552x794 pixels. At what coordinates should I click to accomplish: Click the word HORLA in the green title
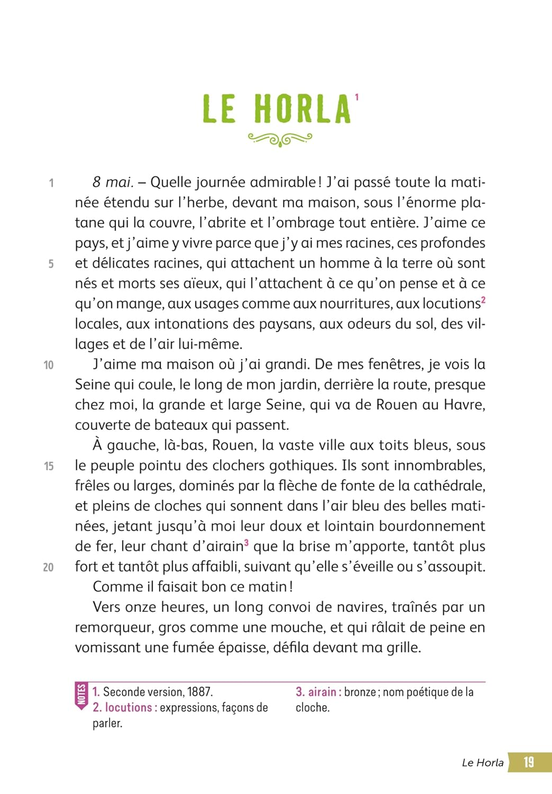tap(302, 109)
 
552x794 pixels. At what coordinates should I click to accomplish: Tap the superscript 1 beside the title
tap(357, 97)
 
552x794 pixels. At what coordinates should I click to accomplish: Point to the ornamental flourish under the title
tap(280, 139)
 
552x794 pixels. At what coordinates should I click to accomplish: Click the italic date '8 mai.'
tap(112, 182)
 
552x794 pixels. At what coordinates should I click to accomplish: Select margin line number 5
tap(51, 264)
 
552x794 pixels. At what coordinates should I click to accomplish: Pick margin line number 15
tap(49, 466)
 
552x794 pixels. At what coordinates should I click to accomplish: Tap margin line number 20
tap(48, 567)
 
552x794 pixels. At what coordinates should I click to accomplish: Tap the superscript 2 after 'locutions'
tap(483, 300)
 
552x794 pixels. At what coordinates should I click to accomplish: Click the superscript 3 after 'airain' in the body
tap(246, 543)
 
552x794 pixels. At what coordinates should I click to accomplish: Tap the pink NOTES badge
tap(82, 695)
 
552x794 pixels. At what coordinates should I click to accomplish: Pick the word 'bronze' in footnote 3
tap(360, 692)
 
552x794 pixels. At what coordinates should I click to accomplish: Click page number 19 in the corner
tap(529, 762)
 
